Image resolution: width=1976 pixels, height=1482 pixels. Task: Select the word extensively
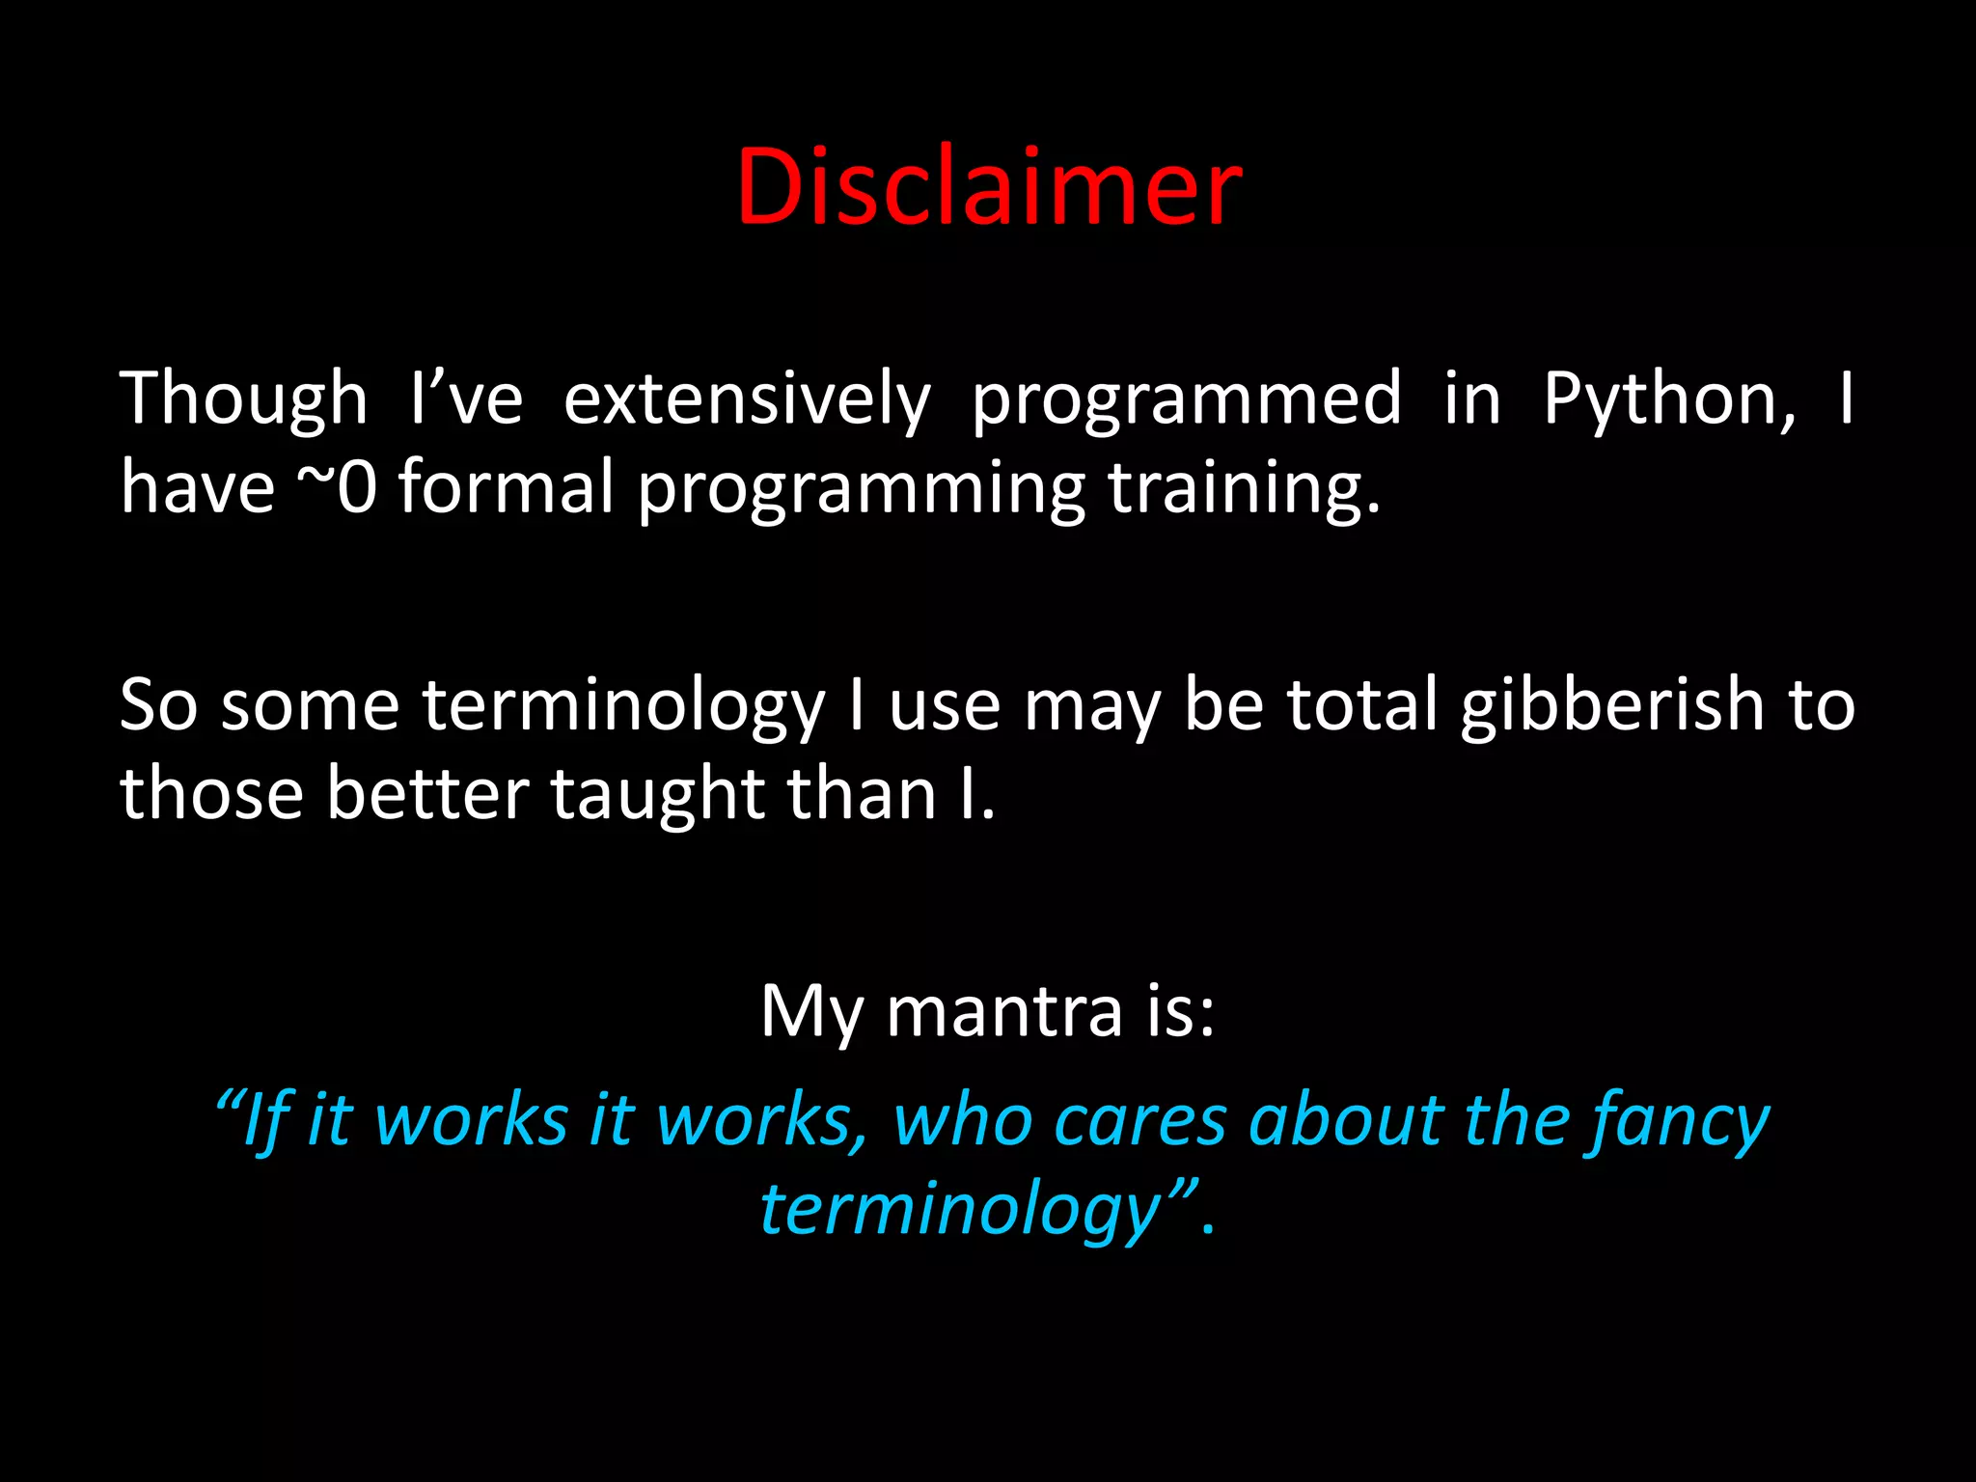click(x=747, y=400)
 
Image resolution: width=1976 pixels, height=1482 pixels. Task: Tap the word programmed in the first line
click(x=1186, y=400)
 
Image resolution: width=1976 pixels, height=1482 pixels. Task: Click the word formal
click(x=506, y=487)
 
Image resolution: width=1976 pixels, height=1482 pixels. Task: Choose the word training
click(x=1244, y=487)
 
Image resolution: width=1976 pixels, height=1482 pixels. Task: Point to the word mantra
click(x=1004, y=1012)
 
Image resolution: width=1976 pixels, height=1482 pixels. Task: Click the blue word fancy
click(x=1681, y=1122)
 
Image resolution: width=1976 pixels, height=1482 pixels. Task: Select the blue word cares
click(x=1140, y=1122)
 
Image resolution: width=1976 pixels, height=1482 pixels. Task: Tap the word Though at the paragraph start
click(x=243, y=400)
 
